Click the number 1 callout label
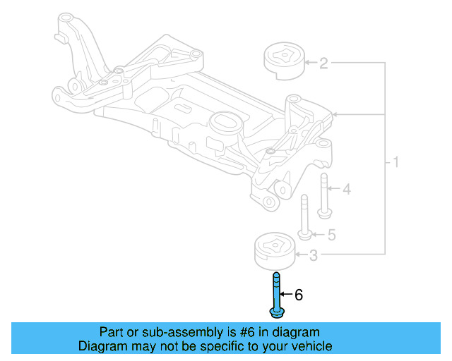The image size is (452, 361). [395, 163]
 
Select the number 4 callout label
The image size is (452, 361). [346, 189]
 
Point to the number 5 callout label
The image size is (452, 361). [331, 234]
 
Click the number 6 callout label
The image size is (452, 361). [298, 295]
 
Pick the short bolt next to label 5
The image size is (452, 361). [304, 218]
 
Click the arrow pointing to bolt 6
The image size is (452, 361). [286, 295]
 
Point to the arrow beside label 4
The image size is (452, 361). [335, 189]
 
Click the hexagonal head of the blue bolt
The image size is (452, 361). [275, 311]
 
